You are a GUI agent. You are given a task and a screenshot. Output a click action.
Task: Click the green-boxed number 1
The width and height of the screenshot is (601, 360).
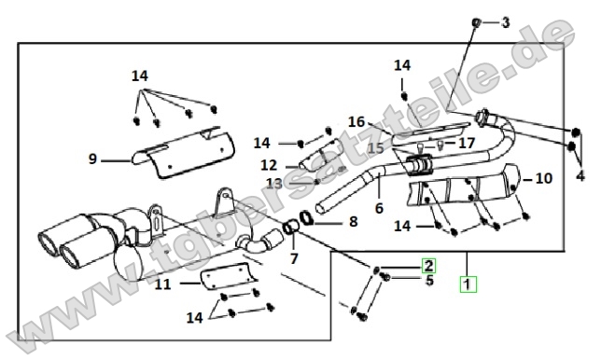[x=468, y=284]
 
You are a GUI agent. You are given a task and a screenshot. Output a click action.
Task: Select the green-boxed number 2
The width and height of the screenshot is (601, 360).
[x=428, y=266]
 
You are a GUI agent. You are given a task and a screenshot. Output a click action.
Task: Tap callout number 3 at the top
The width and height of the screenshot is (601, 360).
[x=506, y=22]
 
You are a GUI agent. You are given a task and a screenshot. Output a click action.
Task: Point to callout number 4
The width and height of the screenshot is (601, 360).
[x=580, y=176]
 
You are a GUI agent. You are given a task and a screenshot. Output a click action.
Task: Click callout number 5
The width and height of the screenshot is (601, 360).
[x=429, y=281]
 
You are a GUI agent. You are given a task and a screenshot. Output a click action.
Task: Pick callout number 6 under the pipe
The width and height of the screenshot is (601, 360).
[x=379, y=208]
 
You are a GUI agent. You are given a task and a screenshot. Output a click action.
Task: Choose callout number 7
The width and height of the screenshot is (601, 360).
[x=294, y=259]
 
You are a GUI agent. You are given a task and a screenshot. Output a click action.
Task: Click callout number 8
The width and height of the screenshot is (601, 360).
[x=354, y=221]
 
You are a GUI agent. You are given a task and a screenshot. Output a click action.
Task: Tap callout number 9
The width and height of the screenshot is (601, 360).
[x=92, y=159]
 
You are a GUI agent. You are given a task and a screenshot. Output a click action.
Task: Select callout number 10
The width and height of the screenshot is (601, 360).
[x=543, y=178]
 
